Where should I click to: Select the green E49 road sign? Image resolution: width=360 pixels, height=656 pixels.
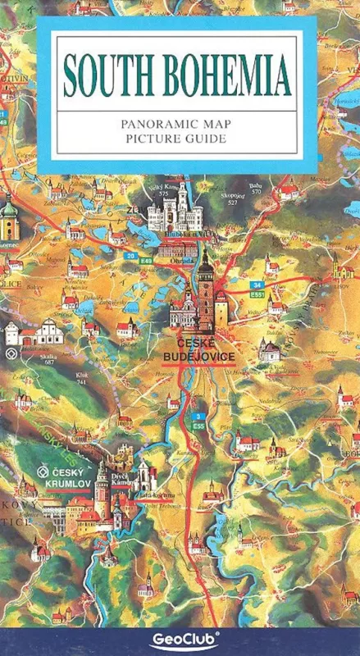pyautogui.click(x=147, y=260)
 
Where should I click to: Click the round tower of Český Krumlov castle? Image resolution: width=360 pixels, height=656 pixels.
pyautogui.click(x=103, y=481)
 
